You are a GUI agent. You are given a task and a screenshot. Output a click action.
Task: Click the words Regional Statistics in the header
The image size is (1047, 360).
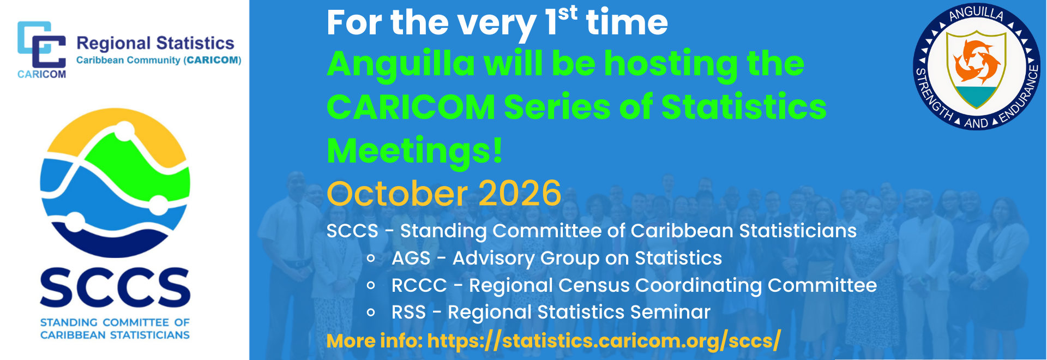click(x=155, y=43)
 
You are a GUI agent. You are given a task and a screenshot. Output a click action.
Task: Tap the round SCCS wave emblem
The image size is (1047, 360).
click(x=115, y=183)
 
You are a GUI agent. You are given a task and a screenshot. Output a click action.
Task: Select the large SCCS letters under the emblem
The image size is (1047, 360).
click(x=115, y=287)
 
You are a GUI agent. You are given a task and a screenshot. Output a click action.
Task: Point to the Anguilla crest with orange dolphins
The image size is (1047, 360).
click(x=976, y=69)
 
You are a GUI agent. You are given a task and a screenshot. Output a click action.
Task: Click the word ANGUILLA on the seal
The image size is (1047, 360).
click(x=976, y=13)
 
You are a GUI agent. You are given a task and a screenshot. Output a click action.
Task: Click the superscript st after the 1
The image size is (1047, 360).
click(x=568, y=13)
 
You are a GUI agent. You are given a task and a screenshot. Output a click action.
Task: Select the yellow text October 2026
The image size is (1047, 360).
click(x=444, y=193)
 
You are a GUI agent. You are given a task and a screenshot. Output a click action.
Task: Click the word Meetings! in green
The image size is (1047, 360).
click(x=414, y=150)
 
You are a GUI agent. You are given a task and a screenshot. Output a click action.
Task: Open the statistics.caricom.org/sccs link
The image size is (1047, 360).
click(x=604, y=340)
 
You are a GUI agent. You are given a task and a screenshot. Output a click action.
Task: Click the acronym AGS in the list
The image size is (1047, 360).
click(x=411, y=258)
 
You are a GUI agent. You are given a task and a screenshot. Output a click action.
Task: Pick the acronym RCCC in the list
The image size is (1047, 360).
click(x=419, y=285)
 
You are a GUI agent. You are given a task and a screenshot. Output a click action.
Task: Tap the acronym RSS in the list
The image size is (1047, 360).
click(x=408, y=312)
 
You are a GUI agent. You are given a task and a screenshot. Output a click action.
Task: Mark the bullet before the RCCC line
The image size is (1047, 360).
click(x=371, y=285)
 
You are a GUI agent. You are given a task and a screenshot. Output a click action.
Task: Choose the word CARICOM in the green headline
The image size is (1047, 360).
click(x=411, y=106)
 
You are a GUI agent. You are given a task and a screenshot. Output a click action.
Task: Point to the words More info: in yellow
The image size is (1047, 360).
click(x=375, y=341)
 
